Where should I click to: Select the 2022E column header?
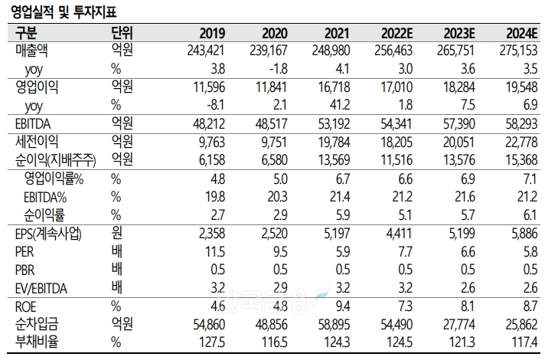[x=397, y=33]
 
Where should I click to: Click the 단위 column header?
[x=121, y=33]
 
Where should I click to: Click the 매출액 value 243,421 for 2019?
[x=205, y=51]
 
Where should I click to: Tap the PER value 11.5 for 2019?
[x=215, y=250]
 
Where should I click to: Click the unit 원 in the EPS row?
[x=116, y=233]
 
